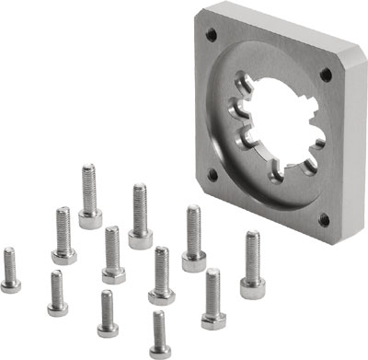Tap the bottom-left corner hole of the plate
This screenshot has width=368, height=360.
pos(213,173)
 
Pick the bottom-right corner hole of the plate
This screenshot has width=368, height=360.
pos(323,219)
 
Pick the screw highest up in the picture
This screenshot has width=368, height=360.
pos(89,194)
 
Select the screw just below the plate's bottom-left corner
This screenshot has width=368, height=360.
pos(192,238)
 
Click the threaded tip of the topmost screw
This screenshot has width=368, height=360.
pos(87,169)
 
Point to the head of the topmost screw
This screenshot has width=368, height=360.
pos(90,218)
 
